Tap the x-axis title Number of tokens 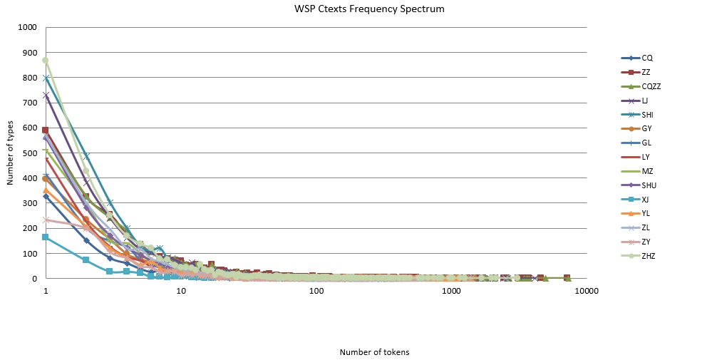tap(374, 352)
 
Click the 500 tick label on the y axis tap(29, 153)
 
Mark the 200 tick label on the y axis tap(29, 229)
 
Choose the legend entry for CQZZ tap(651, 86)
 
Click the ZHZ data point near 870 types tap(46, 60)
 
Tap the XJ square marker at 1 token tap(46, 237)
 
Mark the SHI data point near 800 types tap(46, 78)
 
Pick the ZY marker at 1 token tap(46, 220)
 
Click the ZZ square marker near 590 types tap(46, 130)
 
